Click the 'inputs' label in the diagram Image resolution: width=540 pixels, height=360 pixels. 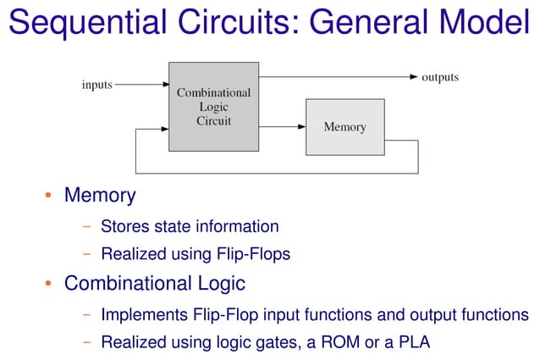tap(97, 85)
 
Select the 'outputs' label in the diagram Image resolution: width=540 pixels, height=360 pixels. tap(440, 77)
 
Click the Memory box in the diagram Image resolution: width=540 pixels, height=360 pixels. tap(344, 127)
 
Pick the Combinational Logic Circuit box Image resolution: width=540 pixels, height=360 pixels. tap(213, 107)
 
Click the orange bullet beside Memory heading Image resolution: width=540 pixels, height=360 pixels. tap(48, 197)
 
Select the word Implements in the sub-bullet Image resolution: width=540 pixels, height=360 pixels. tap(141, 315)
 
